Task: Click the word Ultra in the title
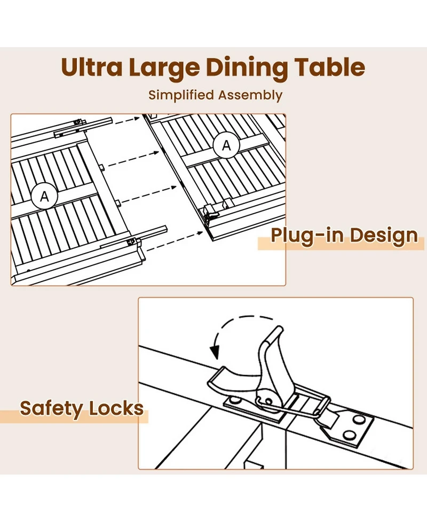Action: pyautogui.click(x=92, y=67)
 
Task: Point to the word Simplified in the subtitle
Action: pyautogui.click(x=181, y=95)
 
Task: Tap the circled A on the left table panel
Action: pyautogui.click(x=44, y=197)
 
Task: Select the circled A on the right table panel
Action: pyautogui.click(x=226, y=145)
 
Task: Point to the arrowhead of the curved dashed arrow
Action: pyautogui.click(x=215, y=353)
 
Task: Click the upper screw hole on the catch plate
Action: pyautogui.click(x=359, y=419)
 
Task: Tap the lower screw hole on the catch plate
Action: pyautogui.click(x=349, y=434)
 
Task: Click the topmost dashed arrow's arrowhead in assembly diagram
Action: pyautogui.click(x=137, y=118)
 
